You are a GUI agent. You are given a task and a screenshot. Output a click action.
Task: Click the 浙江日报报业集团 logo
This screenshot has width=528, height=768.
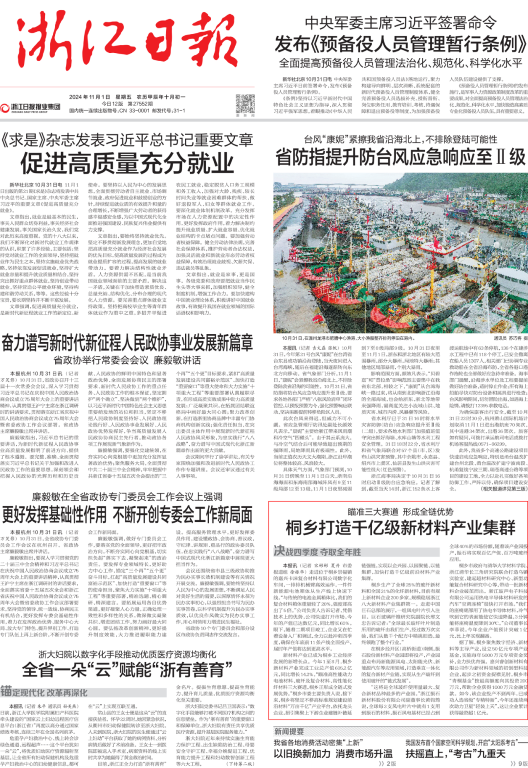tap(31, 107)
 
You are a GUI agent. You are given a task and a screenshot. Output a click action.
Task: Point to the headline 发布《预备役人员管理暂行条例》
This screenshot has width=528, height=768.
tap(400, 45)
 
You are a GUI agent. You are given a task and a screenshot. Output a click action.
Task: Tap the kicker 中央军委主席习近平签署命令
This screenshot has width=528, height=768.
tap(400, 23)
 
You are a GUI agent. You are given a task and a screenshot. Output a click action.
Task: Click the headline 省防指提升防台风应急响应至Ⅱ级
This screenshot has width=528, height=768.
tap(400, 158)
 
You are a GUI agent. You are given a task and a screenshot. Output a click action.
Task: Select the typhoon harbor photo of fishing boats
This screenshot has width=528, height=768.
tap(400, 253)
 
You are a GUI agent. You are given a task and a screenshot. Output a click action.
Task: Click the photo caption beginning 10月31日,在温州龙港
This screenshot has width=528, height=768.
tap(348, 338)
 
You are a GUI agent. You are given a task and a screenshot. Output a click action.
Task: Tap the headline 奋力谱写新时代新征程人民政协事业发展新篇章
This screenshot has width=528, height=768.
tap(127, 343)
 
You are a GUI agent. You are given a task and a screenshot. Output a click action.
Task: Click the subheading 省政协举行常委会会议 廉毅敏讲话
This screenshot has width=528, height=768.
tap(127, 360)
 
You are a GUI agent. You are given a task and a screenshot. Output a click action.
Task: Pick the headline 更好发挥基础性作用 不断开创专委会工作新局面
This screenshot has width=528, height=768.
tap(127, 514)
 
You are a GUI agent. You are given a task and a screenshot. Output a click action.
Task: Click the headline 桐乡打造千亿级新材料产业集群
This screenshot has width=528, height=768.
tap(400, 528)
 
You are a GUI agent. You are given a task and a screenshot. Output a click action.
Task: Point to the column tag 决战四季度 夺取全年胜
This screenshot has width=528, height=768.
tap(317, 551)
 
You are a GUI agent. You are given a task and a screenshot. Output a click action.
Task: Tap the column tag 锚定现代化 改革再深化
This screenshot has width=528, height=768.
tap(44, 692)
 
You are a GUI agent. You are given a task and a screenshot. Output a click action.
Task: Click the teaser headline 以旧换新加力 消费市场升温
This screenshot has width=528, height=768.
tap(333, 753)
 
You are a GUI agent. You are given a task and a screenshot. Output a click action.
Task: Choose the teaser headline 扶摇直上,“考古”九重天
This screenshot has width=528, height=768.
tap(455, 753)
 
